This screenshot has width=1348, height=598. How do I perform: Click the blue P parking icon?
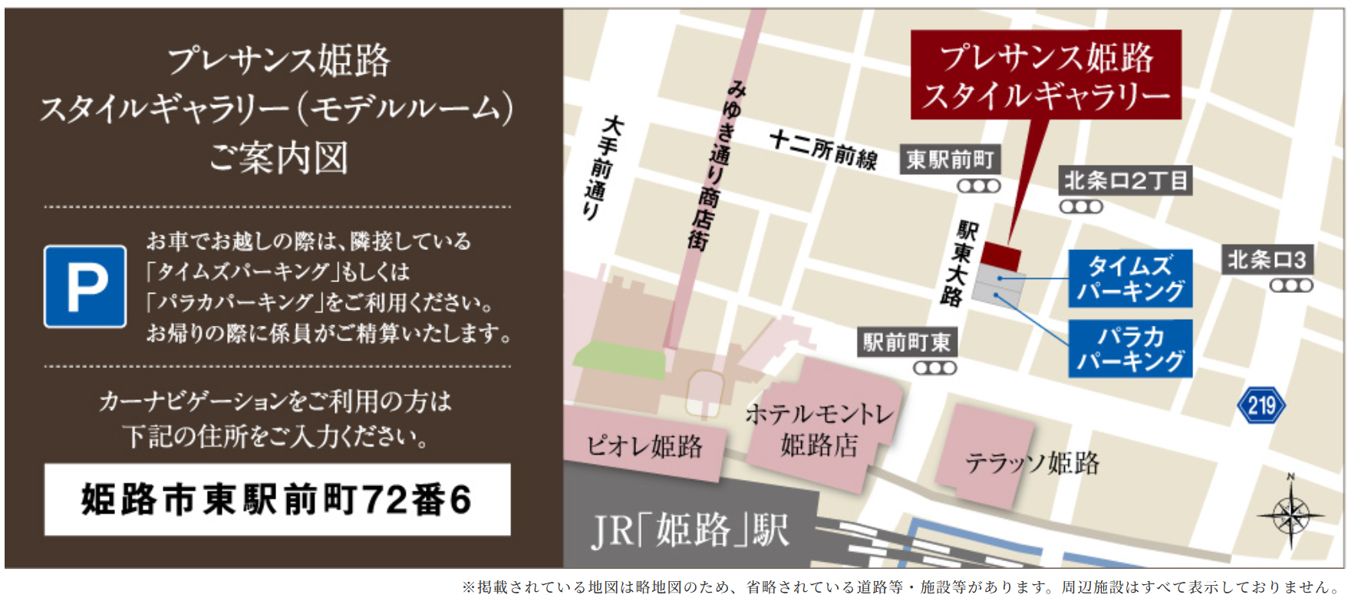85,287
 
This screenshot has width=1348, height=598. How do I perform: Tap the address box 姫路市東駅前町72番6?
277,499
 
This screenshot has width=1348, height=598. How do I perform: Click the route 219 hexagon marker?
1261,405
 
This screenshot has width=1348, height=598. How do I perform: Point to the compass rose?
1291,514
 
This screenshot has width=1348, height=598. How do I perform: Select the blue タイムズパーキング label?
1130,278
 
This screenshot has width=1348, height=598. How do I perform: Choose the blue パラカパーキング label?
1130,348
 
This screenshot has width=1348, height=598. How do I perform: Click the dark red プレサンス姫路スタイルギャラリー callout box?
1046,74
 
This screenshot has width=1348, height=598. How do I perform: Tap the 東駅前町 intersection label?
950,159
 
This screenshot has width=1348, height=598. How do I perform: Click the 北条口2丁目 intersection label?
1126,181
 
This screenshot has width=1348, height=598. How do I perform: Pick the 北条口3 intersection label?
1267,260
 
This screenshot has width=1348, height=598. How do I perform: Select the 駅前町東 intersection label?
907,342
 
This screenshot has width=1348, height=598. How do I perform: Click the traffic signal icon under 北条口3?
1290,286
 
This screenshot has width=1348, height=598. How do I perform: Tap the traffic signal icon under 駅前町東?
934,368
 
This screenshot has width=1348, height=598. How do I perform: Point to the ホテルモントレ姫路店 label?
819,430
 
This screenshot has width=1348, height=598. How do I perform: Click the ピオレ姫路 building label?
644,445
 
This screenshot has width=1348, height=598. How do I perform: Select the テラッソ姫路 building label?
1032,463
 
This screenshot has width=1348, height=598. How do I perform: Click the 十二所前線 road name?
823,149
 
